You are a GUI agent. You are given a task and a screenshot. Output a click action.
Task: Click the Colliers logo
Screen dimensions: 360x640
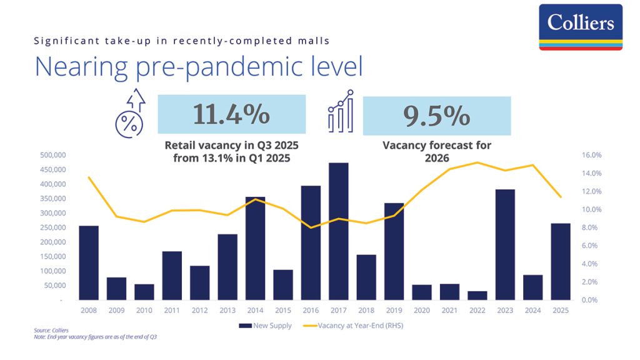coord(581,27)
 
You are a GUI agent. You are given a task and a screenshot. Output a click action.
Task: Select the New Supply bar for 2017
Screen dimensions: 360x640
coord(338,231)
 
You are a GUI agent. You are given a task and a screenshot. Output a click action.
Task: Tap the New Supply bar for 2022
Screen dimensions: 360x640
coord(477,296)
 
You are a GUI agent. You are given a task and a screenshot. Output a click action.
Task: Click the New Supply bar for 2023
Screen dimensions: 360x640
coord(505,244)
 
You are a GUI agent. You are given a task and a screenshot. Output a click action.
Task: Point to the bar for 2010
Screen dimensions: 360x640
coord(144,292)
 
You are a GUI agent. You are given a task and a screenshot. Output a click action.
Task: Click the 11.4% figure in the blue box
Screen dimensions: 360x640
coord(231,115)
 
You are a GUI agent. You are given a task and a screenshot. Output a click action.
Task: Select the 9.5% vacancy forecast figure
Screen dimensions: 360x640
coord(436,115)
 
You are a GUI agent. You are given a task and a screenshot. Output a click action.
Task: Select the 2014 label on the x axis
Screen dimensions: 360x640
coord(255,309)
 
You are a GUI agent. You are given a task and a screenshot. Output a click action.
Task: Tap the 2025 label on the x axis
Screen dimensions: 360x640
coord(561,309)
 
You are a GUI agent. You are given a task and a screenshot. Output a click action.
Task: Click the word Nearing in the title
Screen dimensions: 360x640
coord(75,67)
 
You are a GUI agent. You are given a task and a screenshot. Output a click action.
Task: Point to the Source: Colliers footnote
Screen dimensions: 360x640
coord(51,330)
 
